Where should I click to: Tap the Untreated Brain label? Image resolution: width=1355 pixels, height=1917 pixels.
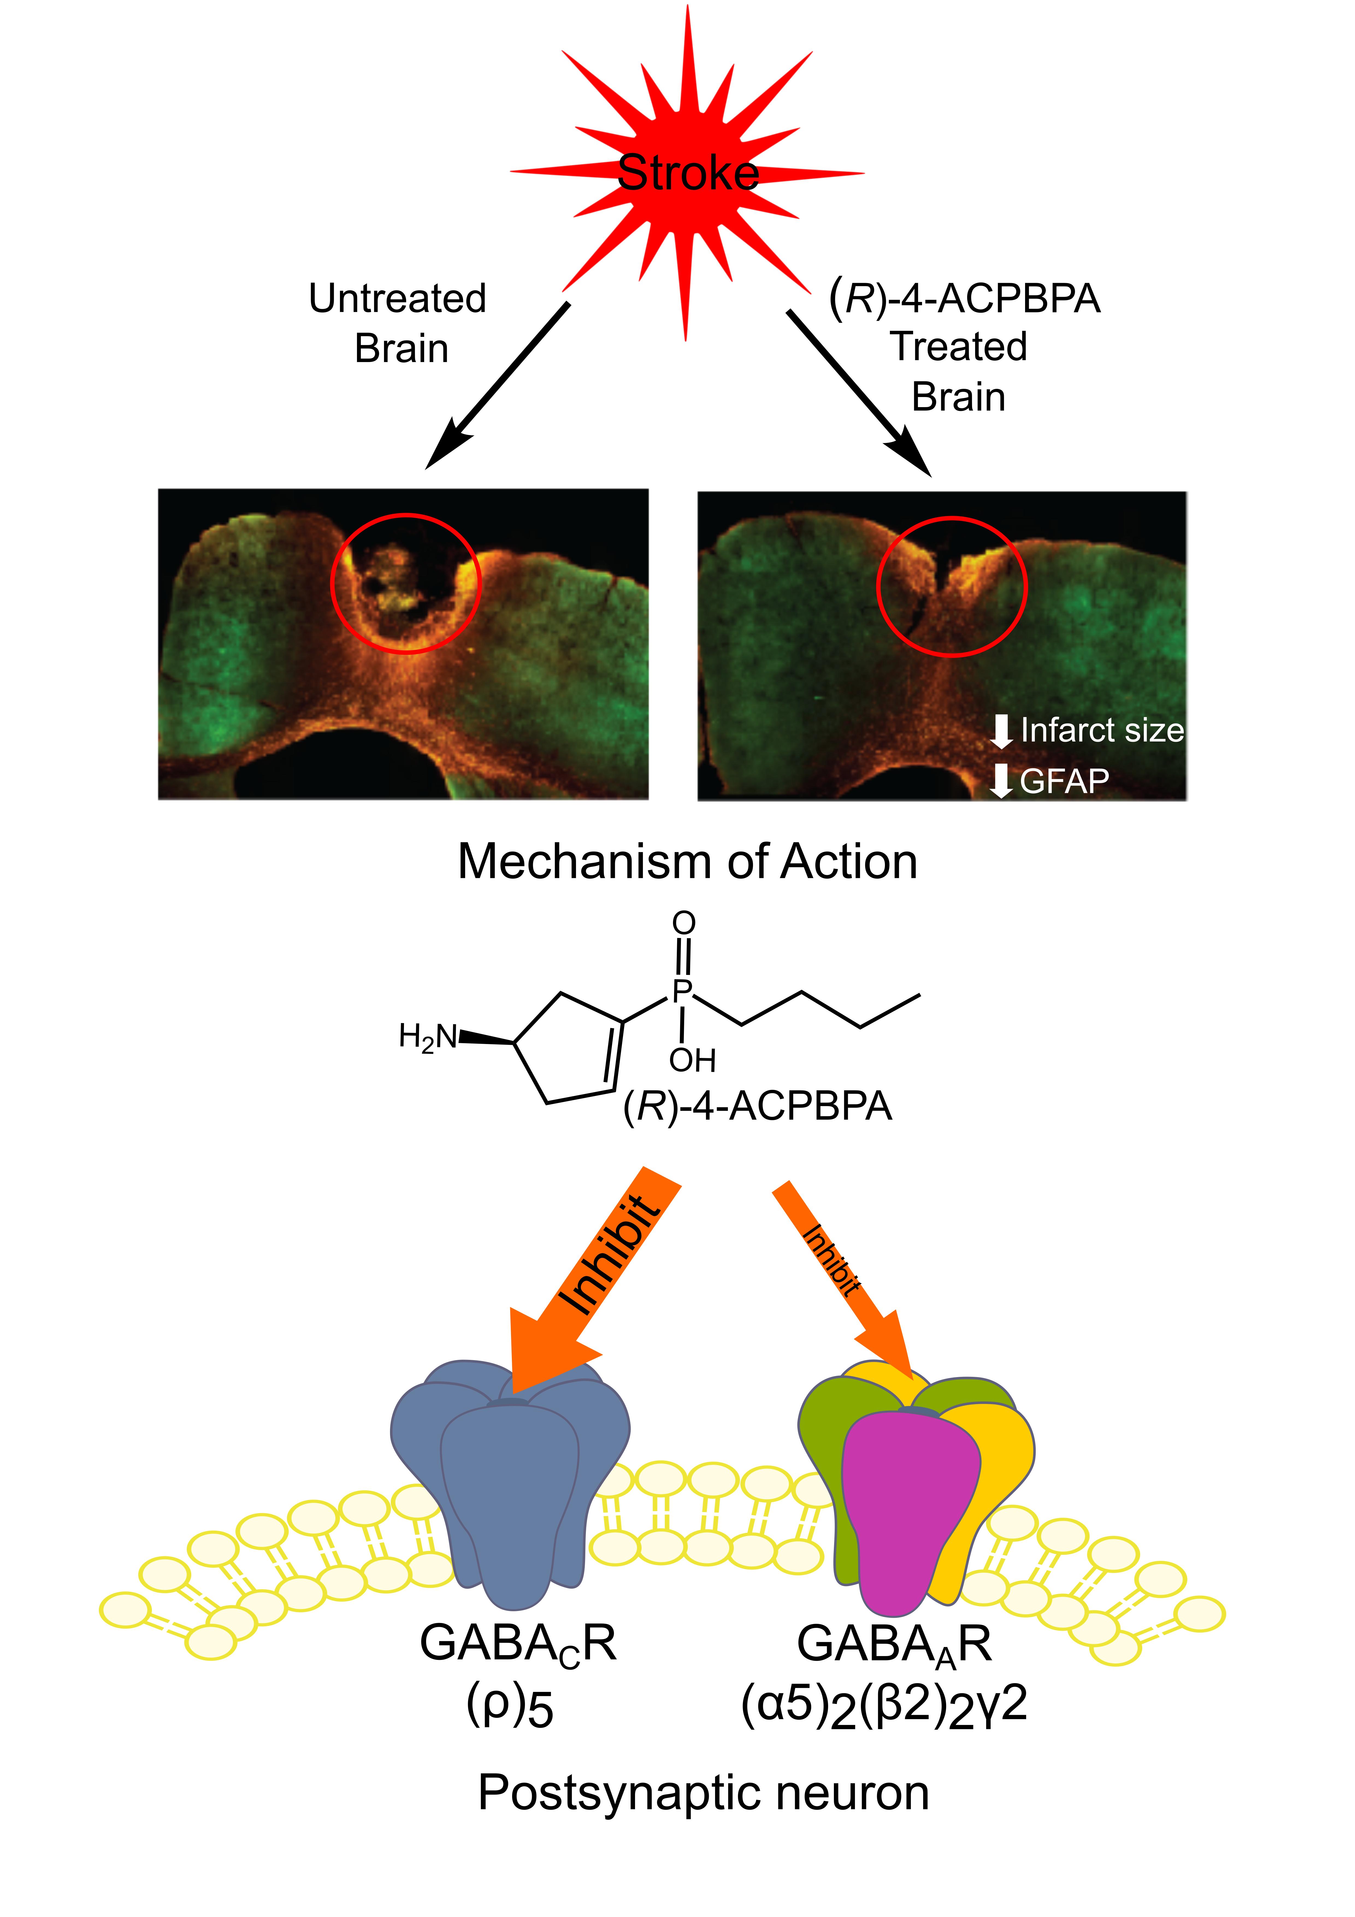coord(398,323)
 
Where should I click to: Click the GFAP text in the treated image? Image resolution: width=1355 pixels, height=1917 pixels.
coord(1064,781)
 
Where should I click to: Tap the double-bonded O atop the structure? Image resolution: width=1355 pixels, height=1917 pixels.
coord(684,923)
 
